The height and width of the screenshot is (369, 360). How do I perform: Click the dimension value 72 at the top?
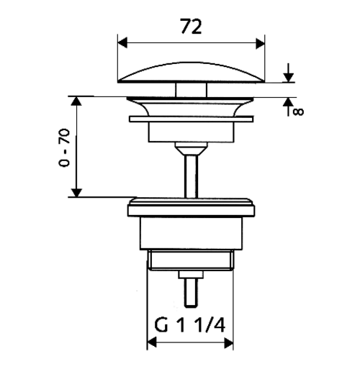point(191,26)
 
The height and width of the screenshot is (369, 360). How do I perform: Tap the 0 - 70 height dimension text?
point(64,147)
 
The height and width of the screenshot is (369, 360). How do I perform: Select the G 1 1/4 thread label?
point(189,324)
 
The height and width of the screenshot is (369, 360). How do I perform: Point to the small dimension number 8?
point(299,111)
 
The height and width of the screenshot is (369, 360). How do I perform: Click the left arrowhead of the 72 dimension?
point(122,43)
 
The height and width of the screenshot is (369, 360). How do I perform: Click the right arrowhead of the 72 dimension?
point(261,43)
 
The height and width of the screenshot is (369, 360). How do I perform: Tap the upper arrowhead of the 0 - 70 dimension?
point(76,101)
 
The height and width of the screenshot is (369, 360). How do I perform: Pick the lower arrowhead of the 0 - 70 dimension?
point(76,193)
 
